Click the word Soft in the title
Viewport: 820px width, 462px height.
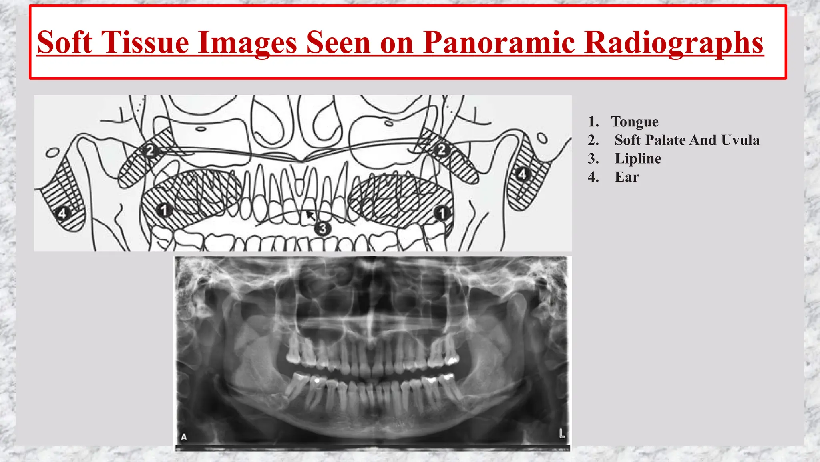(65, 43)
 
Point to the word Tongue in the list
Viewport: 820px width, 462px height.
(635, 122)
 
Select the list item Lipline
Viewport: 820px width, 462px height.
(638, 158)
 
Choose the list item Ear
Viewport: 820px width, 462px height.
(627, 177)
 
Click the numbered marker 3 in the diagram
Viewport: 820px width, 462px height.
(322, 229)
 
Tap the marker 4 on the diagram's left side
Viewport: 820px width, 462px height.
(62, 213)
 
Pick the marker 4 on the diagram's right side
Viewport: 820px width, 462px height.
(522, 174)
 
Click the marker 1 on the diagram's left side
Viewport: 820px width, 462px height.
(163, 209)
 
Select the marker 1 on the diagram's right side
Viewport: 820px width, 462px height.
(442, 213)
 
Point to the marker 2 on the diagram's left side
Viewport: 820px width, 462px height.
(150, 150)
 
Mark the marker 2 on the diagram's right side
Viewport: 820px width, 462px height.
(441, 150)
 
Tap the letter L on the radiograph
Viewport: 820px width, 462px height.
(562, 434)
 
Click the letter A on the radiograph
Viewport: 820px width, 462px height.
(184, 437)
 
